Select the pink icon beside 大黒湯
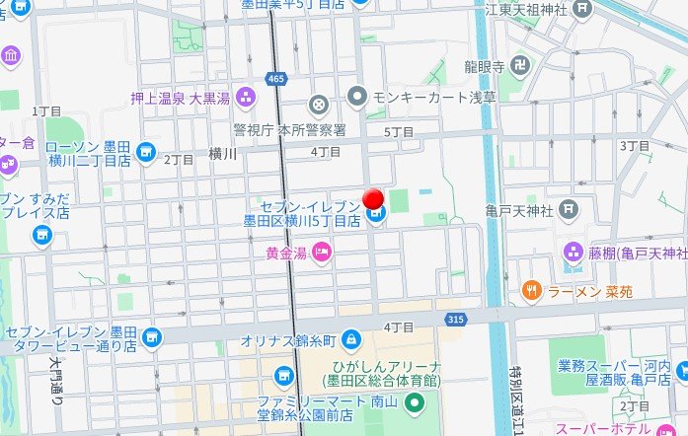coord(246,97)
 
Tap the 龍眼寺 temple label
coord(485,66)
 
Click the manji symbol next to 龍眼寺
coord(520,65)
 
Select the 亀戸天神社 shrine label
coord(517,209)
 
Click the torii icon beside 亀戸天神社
coord(568,209)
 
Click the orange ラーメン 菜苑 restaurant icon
coord(530,290)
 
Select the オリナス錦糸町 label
coord(289,340)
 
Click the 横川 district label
coord(223,153)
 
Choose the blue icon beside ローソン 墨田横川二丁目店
coord(146,152)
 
